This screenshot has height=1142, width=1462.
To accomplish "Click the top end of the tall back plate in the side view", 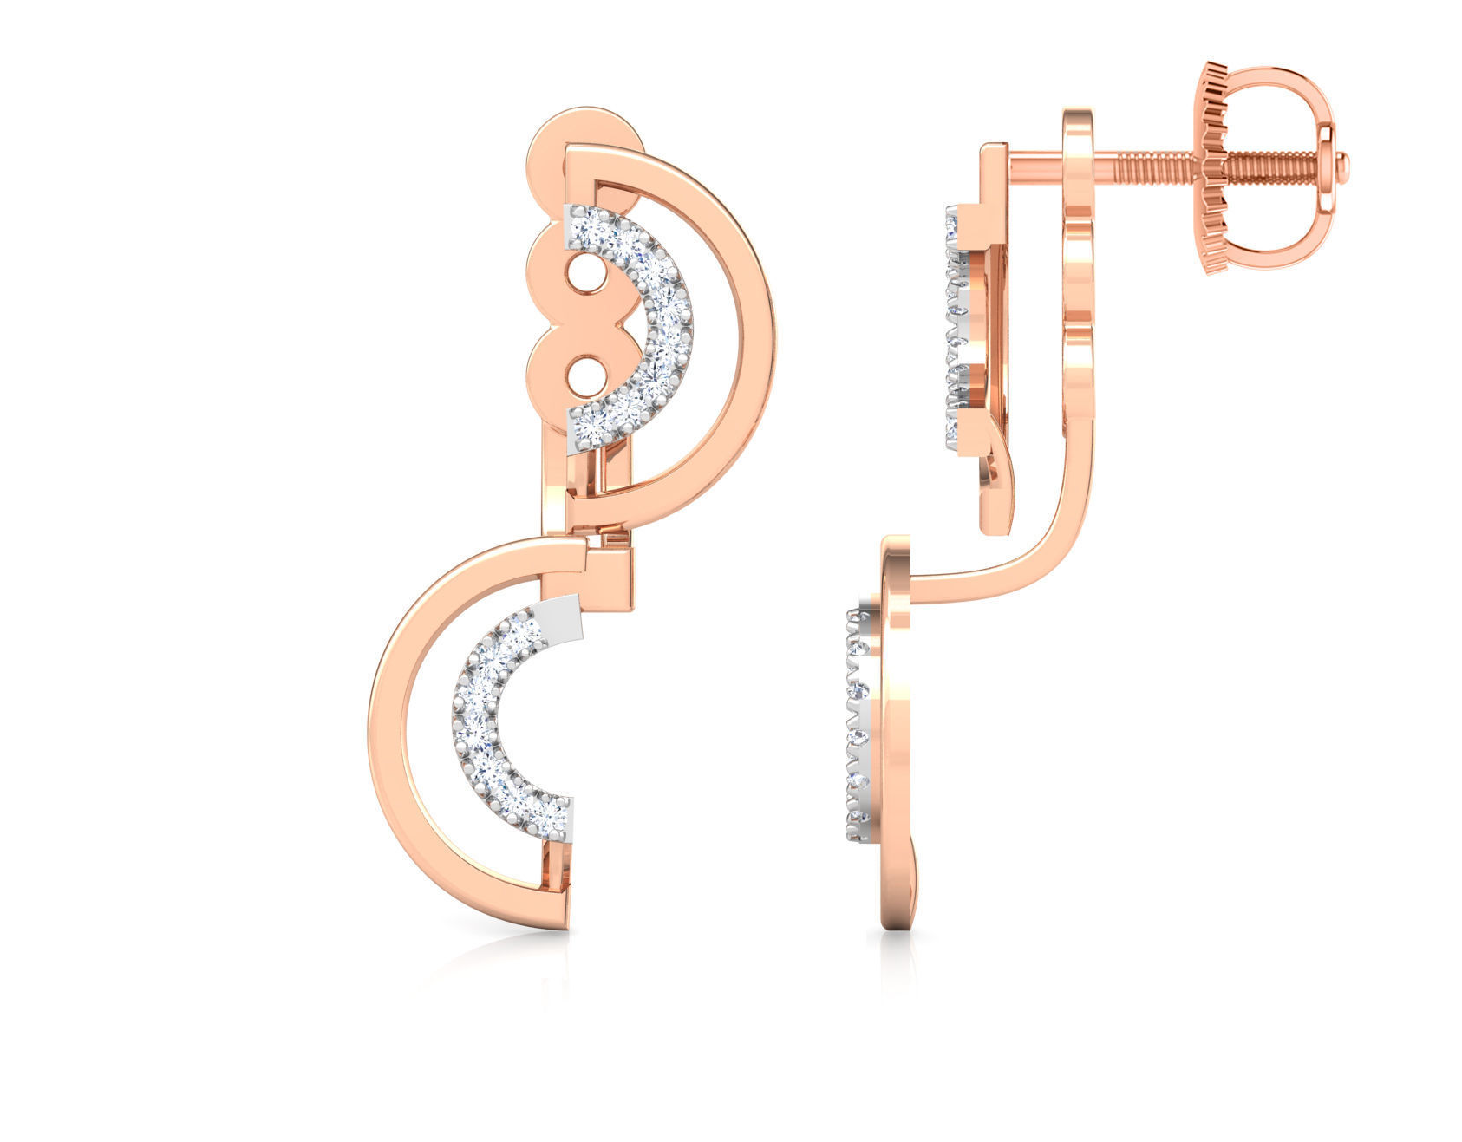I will [1078, 117].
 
